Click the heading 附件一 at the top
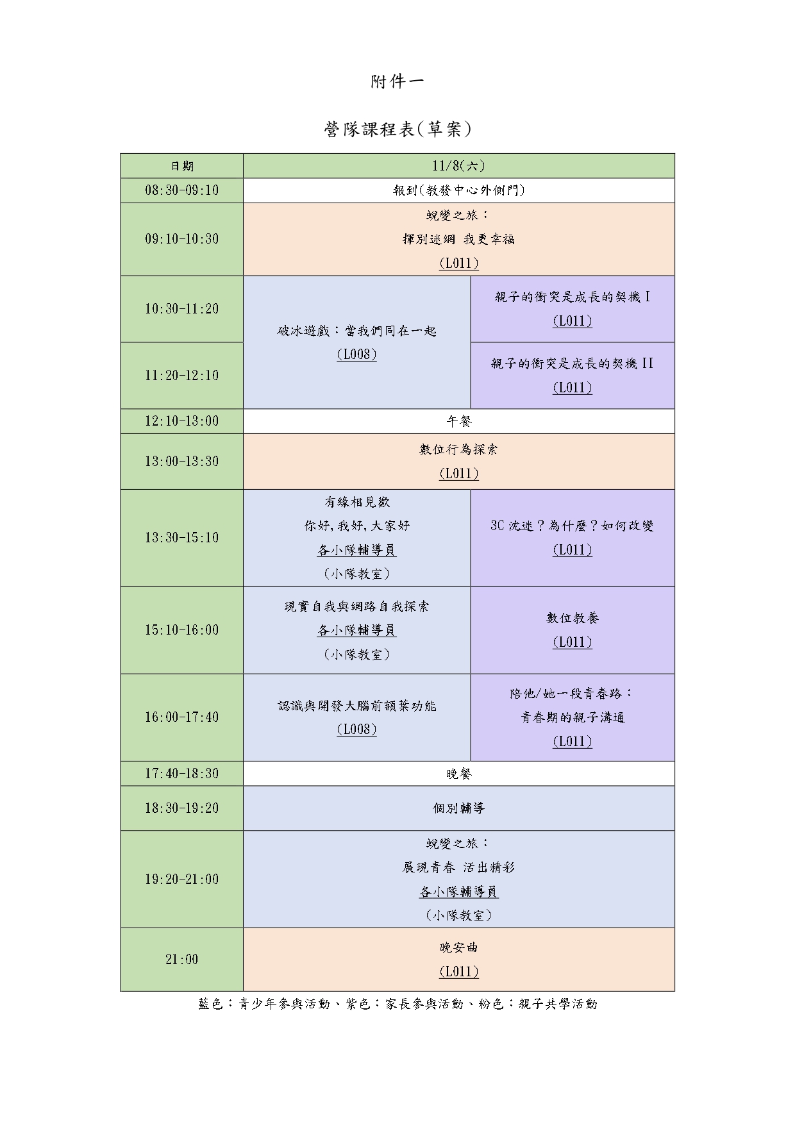pyautogui.click(x=397, y=82)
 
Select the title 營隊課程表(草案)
pyautogui.click(x=397, y=129)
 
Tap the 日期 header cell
pyautogui.click(x=182, y=166)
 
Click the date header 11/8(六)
pyautogui.click(x=458, y=166)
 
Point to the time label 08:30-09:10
pyautogui.click(x=182, y=190)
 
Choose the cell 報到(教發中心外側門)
pyautogui.click(x=458, y=190)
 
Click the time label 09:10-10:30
pyautogui.click(x=182, y=239)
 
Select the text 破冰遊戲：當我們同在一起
pyautogui.click(x=356, y=331)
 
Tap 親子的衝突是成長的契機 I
pyautogui.click(x=573, y=297)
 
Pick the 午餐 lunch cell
pyautogui.click(x=458, y=421)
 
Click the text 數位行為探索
pyautogui.click(x=458, y=449)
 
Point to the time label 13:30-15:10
pyautogui.click(x=182, y=538)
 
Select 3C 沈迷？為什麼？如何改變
pyautogui.click(x=573, y=526)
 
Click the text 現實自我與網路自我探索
pyautogui.click(x=356, y=606)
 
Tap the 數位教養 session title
pyautogui.click(x=573, y=618)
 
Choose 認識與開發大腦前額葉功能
pyautogui.click(x=356, y=706)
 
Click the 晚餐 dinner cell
pyautogui.click(x=458, y=774)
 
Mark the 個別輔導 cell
pyautogui.click(x=458, y=808)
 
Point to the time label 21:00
pyautogui.click(x=182, y=960)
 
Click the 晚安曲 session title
pyautogui.click(x=458, y=947)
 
